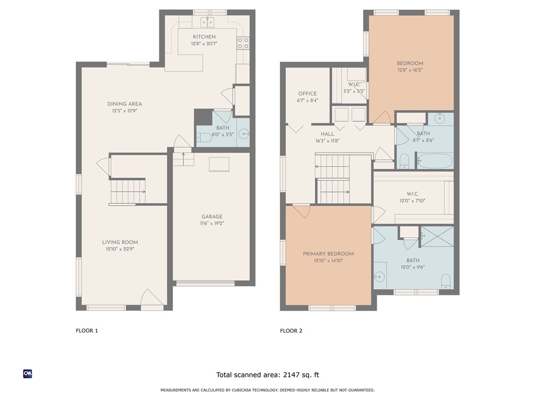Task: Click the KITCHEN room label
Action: pyautogui.click(x=204, y=37)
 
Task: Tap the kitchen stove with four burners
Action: pyautogui.click(x=243, y=43)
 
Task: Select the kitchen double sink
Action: pyautogui.click(x=207, y=22)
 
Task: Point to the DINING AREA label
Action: pyautogui.click(x=124, y=104)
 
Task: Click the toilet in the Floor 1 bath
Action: pyautogui.click(x=204, y=137)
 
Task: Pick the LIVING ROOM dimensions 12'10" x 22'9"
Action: pyautogui.click(x=120, y=249)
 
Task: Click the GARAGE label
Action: pyautogui.click(x=212, y=217)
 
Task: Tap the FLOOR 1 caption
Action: pyautogui.click(x=87, y=331)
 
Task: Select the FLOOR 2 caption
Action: pyautogui.click(x=291, y=331)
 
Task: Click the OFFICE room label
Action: pyautogui.click(x=307, y=94)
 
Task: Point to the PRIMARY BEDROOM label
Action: pyautogui.click(x=328, y=254)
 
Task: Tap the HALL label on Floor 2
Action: pyautogui.click(x=328, y=134)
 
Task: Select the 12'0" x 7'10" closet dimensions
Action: pyautogui.click(x=413, y=201)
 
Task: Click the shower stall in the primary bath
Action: pyautogui.click(x=437, y=237)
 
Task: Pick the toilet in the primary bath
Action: pyautogui.click(x=446, y=281)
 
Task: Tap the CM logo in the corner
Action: pyautogui.click(x=28, y=374)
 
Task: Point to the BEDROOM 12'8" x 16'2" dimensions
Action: pyautogui.click(x=410, y=70)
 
